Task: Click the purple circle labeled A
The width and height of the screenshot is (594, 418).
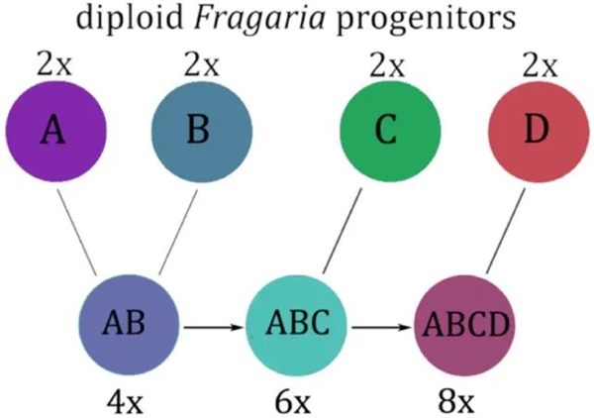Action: (x=55, y=131)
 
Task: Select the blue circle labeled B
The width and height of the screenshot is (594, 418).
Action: (x=202, y=131)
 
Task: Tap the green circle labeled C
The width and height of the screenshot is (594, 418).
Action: (x=390, y=131)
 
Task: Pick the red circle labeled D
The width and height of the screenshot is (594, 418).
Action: (x=539, y=131)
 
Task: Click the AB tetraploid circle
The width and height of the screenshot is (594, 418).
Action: (x=129, y=325)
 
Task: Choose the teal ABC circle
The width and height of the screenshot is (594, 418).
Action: (x=297, y=325)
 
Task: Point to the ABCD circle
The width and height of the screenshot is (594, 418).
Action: (x=465, y=325)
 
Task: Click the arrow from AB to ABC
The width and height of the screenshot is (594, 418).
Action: (x=213, y=327)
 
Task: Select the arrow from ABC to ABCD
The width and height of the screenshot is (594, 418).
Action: (x=381, y=327)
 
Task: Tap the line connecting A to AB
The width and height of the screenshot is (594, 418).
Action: (x=77, y=233)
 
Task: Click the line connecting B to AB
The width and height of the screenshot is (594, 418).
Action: (x=178, y=232)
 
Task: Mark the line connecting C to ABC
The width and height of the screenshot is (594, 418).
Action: (x=342, y=231)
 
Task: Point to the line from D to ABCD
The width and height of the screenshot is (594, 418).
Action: (x=505, y=231)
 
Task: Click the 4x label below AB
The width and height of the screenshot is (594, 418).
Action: (x=125, y=402)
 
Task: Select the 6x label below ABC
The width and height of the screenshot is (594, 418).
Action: (x=292, y=402)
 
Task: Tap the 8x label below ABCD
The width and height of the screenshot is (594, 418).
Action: (x=456, y=402)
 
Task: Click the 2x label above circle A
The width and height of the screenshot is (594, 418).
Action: (x=54, y=64)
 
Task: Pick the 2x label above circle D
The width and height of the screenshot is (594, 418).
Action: (x=540, y=64)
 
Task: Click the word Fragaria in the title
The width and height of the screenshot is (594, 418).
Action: (x=259, y=18)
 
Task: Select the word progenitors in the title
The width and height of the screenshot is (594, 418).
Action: (x=426, y=19)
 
